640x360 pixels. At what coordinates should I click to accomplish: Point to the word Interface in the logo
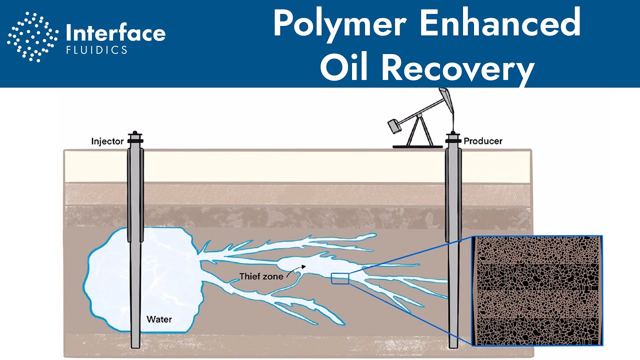(115, 33)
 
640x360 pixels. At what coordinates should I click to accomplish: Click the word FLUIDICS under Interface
(96, 50)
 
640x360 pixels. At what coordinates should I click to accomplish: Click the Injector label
(107, 141)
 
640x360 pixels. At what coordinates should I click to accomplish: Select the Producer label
(483, 141)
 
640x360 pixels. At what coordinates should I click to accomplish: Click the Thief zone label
(261, 276)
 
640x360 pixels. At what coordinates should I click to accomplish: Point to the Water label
(159, 318)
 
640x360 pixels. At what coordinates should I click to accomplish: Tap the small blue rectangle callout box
(340, 278)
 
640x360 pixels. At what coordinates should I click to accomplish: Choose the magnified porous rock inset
(537, 290)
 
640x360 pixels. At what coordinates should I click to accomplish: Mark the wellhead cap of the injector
(135, 138)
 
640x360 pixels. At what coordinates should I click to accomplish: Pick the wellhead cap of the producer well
(453, 138)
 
